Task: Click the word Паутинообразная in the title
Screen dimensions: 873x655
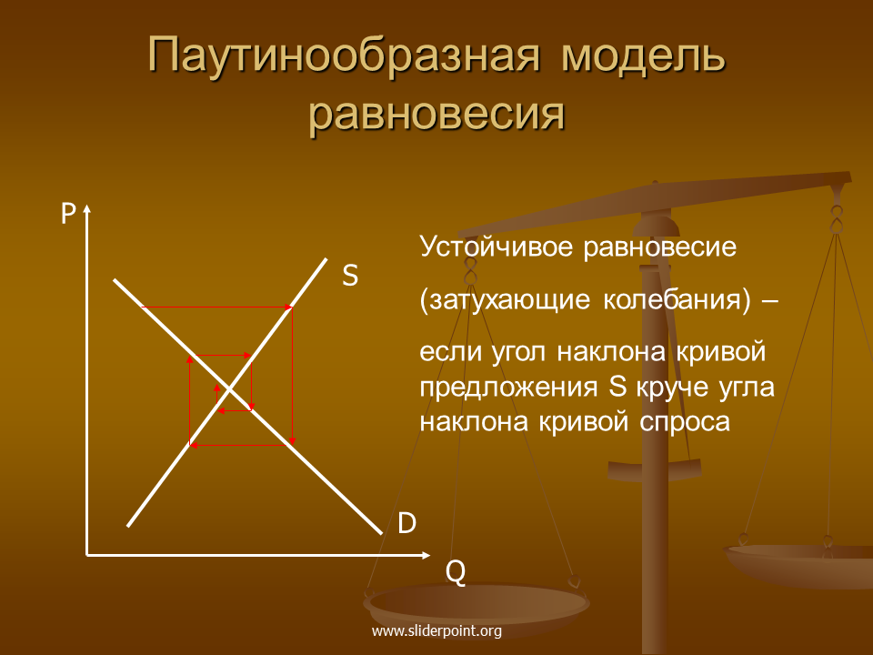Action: tap(344, 55)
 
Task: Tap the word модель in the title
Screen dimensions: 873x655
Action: tap(643, 56)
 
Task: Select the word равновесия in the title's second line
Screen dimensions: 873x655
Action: tap(437, 116)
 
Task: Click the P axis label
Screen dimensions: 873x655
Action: tap(68, 213)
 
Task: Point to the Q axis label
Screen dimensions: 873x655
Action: tap(456, 571)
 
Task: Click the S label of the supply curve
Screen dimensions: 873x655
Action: tap(349, 275)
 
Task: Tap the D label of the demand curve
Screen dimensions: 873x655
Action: tap(407, 523)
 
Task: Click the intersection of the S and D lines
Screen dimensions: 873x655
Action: tap(229, 388)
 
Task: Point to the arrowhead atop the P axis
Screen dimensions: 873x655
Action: tap(87, 208)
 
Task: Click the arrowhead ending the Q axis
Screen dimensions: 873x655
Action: tap(426, 555)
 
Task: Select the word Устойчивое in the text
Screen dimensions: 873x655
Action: tap(497, 247)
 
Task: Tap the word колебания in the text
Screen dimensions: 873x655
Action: tap(677, 299)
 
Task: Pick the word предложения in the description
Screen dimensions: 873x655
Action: tap(508, 388)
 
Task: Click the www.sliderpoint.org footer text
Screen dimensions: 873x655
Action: tap(436, 631)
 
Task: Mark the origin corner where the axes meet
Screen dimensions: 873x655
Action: tap(87, 555)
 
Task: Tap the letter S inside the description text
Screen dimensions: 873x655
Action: tap(617, 388)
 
